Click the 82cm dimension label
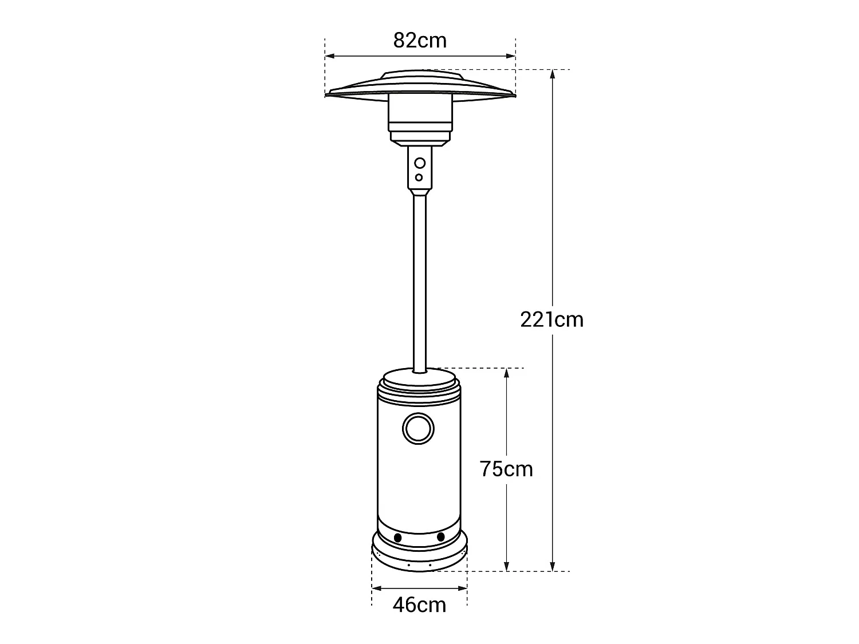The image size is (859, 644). [420, 41]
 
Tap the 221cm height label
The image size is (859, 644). [551, 319]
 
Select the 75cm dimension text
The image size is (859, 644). [506, 469]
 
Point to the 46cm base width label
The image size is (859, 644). [419, 605]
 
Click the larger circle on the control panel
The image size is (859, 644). [420, 163]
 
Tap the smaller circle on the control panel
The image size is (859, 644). [419, 177]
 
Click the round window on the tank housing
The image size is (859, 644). [419, 428]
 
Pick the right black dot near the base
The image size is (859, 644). [440, 537]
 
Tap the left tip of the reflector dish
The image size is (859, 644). [328, 94]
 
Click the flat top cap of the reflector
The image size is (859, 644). [421, 76]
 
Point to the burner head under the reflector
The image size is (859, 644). [420, 120]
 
